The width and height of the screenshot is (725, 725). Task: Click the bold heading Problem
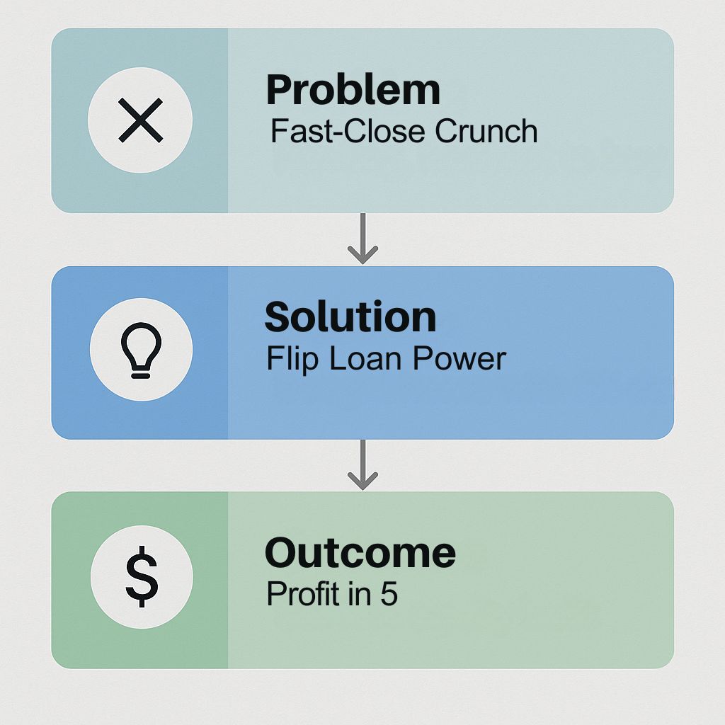tap(353, 90)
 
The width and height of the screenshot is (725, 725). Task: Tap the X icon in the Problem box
tap(141, 120)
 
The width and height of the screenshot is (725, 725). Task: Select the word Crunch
tap(486, 131)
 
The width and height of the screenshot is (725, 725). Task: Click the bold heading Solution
tap(350, 316)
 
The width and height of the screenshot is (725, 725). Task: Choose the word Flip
tap(292, 359)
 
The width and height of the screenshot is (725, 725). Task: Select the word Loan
tap(365, 359)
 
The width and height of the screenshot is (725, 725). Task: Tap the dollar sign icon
tap(142, 576)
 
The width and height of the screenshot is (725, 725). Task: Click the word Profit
tap(302, 594)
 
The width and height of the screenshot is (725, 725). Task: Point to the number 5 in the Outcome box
tap(389, 594)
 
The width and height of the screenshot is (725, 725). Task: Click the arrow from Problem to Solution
tap(363, 239)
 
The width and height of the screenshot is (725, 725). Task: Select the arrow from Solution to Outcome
tap(363, 464)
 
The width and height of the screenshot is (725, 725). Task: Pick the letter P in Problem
tap(279, 90)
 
